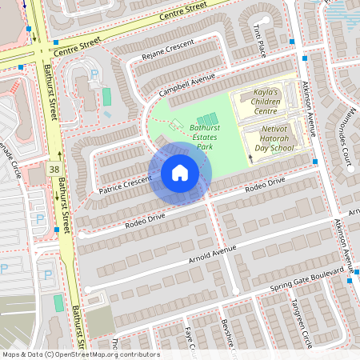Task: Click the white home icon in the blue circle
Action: coord(180,172)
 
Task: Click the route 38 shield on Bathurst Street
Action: coord(54,170)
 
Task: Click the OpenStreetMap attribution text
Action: coord(80,354)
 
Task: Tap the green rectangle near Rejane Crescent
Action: coord(106,97)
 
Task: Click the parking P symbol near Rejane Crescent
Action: coord(94,74)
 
